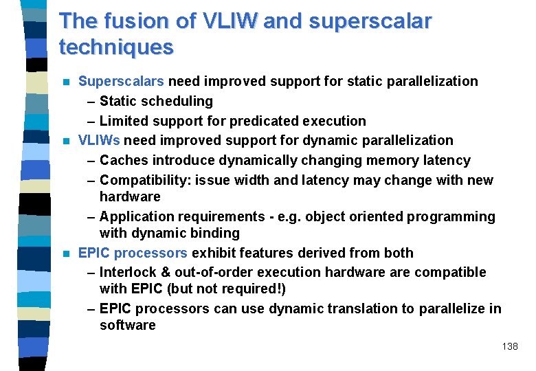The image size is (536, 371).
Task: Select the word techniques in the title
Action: point(116,47)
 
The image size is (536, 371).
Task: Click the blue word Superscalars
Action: point(121,81)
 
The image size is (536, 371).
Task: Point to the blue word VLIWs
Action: point(100,140)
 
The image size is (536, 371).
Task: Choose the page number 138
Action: point(510,346)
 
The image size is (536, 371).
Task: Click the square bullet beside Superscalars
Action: point(66,82)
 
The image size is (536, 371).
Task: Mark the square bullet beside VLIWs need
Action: point(66,141)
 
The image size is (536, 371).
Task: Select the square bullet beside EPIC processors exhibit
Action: point(66,254)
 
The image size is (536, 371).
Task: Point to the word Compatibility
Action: point(146,180)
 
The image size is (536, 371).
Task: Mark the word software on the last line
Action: point(128,325)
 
